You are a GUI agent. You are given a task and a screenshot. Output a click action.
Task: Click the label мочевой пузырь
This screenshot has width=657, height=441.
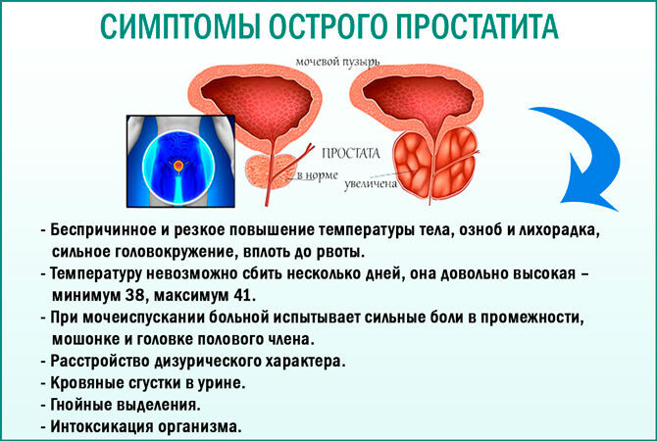point(337,63)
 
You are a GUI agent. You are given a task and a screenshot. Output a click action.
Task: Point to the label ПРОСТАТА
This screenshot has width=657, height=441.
point(350,154)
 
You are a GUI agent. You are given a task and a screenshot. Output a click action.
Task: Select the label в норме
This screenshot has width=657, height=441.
point(317,175)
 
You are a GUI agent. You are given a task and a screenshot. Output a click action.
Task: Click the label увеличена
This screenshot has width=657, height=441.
point(371,184)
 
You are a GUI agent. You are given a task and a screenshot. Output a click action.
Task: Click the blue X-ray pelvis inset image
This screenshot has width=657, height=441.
point(180,162)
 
